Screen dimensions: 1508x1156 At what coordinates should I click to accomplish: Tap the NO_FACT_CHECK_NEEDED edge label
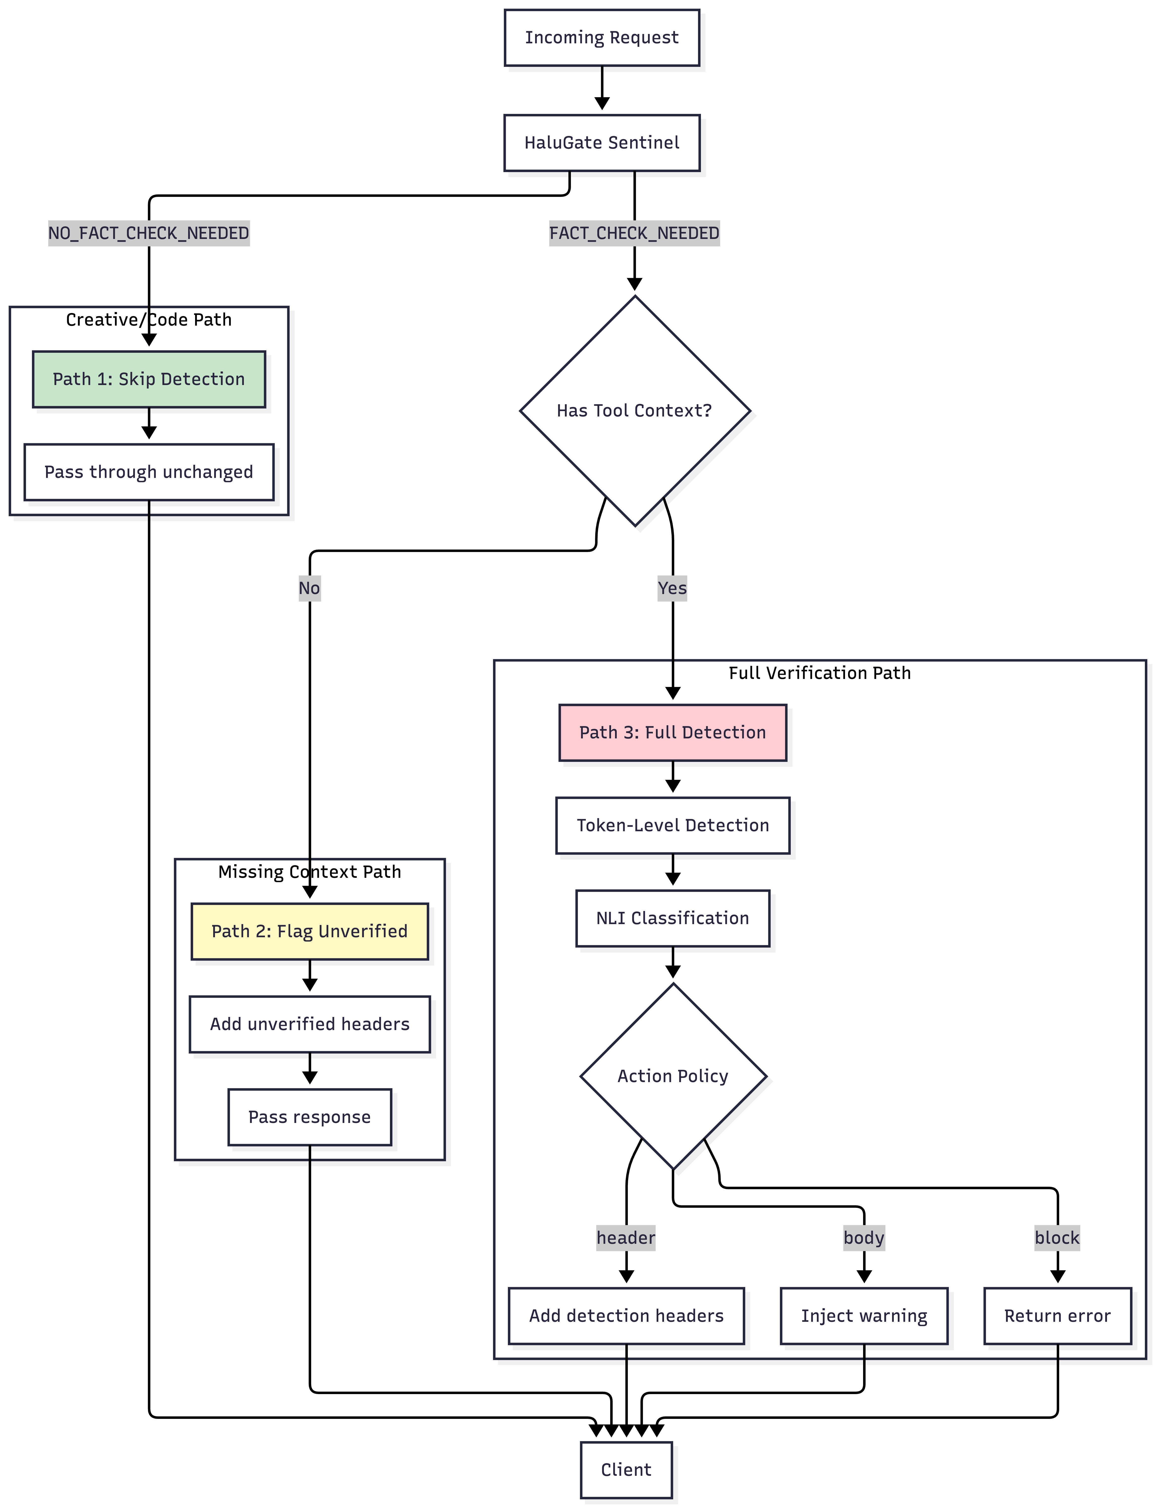pos(149,233)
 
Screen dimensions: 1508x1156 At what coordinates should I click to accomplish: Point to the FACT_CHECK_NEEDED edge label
pos(634,233)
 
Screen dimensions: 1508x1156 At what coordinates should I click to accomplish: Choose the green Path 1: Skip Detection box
pos(149,379)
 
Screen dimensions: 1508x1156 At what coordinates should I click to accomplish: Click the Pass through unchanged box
pos(149,472)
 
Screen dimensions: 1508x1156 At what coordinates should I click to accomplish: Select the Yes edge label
pos(672,589)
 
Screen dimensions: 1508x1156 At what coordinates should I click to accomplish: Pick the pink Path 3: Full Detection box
pos(672,732)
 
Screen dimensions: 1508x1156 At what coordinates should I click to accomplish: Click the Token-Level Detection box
pos(672,825)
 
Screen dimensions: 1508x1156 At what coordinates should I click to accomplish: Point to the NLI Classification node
pos(672,918)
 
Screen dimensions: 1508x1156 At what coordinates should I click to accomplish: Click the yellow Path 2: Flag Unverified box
pos(310,931)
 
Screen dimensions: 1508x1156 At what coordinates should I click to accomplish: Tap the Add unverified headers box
pos(310,1024)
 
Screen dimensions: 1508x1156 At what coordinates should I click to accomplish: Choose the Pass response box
pos(310,1117)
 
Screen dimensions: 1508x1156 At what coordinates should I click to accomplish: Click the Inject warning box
pos(864,1316)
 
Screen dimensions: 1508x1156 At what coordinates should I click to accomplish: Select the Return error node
pos(1057,1316)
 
